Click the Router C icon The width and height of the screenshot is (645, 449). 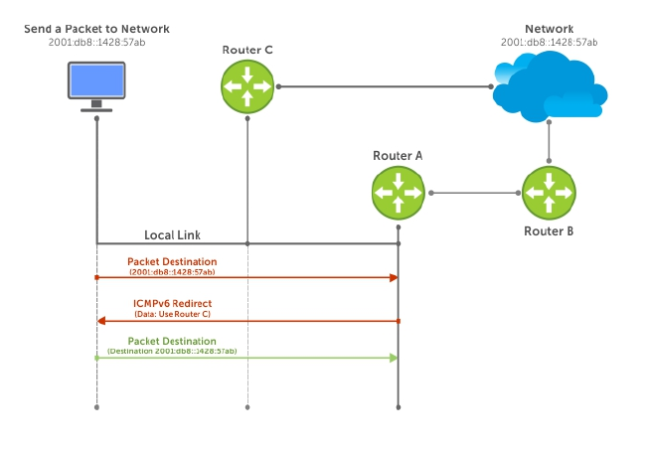pos(246,86)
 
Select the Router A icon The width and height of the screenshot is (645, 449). pos(399,193)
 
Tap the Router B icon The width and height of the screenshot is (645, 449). pos(548,193)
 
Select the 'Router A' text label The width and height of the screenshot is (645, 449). pos(398,155)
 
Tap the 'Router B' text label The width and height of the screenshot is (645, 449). pos(548,230)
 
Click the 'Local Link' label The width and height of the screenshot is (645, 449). pos(173,234)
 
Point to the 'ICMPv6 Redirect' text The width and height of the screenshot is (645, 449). pos(172,303)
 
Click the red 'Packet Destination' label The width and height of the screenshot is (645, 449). pos(172,261)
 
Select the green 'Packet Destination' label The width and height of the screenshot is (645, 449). pos(172,341)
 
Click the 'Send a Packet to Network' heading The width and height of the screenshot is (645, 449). pos(95,30)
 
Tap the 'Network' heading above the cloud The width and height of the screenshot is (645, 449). pos(549,30)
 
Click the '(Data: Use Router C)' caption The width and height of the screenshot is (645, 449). pos(172,314)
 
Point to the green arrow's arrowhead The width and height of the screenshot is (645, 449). pos(393,358)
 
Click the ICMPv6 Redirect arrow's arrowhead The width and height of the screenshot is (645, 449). pos(101,321)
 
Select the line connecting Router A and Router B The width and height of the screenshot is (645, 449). pos(473,193)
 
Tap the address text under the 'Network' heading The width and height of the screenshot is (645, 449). pos(549,43)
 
